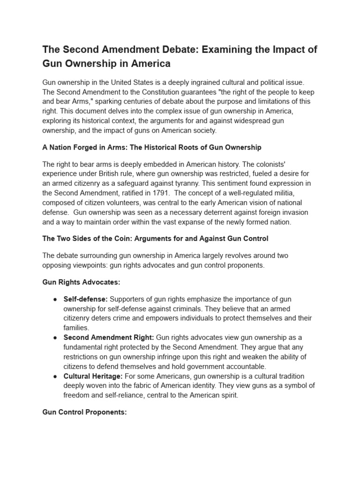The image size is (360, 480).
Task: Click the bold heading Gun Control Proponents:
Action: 85,412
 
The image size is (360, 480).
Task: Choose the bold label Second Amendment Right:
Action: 109,337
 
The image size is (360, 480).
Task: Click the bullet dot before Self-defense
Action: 55,299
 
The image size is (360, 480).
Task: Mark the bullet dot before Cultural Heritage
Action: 55,376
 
